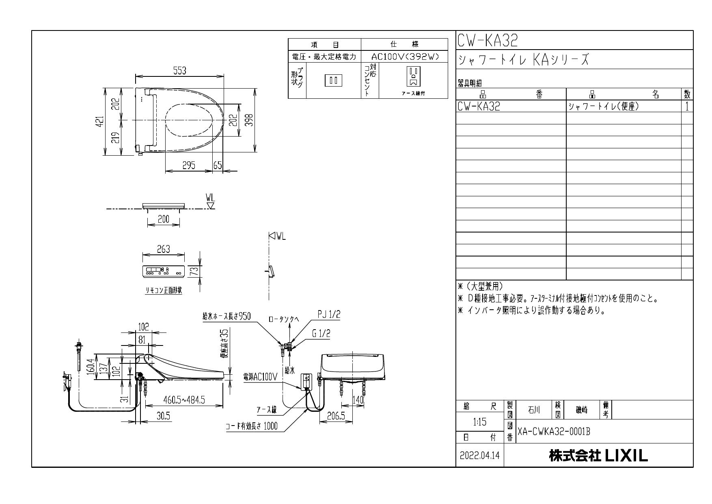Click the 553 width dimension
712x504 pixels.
(x=179, y=71)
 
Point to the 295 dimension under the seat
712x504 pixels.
(x=188, y=165)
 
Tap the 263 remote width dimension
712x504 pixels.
(x=164, y=249)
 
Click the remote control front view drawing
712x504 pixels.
(x=164, y=271)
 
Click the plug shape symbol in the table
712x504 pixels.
(x=333, y=80)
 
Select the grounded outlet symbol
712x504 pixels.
(x=413, y=77)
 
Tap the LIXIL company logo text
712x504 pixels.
(x=598, y=456)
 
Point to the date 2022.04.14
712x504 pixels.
(x=480, y=456)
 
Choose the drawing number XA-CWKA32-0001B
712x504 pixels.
(x=553, y=432)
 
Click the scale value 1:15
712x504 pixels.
(x=479, y=422)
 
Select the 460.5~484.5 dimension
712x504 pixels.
(x=184, y=400)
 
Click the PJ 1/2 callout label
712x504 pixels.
(x=329, y=315)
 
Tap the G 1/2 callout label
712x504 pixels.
(x=321, y=334)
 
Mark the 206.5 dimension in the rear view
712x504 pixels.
(x=336, y=416)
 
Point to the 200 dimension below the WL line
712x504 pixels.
(x=163, y=219)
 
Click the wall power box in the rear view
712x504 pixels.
(x=306, y=382)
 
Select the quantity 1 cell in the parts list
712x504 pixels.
(x=687, y=106)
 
